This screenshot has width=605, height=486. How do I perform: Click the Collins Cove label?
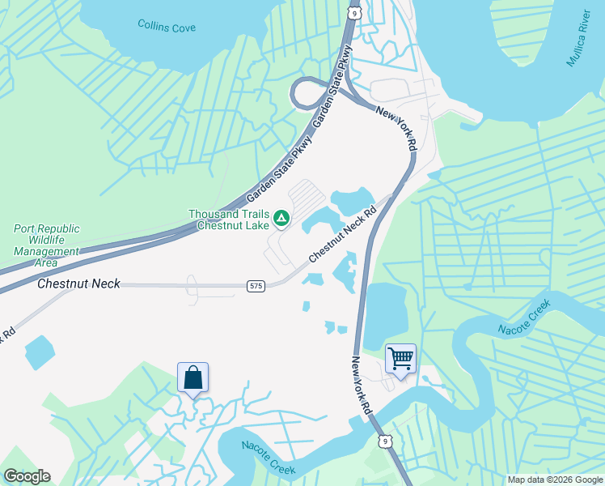pyautogui.click(x=167, y=27)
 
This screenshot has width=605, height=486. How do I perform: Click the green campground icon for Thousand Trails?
pyautogui.click(x=281, y=217)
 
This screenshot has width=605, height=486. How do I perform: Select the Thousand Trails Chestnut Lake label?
pyautogui.click(x=231, y=220)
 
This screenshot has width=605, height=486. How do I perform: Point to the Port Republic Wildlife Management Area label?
pyautogui.click(x=46, y=245)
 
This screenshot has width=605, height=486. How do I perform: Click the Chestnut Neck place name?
pyautogui.click(x=78, y=283)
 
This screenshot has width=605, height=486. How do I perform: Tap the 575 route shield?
pyautogui.click(x=256, y=286)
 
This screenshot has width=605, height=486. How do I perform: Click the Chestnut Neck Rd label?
pyautogui.click(x=343, y=237)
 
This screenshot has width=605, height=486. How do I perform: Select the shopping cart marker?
pyautogui.click(x=401, y=358)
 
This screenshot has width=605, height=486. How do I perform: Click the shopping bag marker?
pyautogui.click(x=192, y=377)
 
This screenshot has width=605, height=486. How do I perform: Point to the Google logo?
pyautogui.click(x=27, y=476)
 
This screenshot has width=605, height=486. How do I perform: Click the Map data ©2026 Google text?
pyautogui.click(x=554, y=480)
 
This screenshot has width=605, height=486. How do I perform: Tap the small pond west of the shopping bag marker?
pyautogui.click(x=39, y=352)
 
